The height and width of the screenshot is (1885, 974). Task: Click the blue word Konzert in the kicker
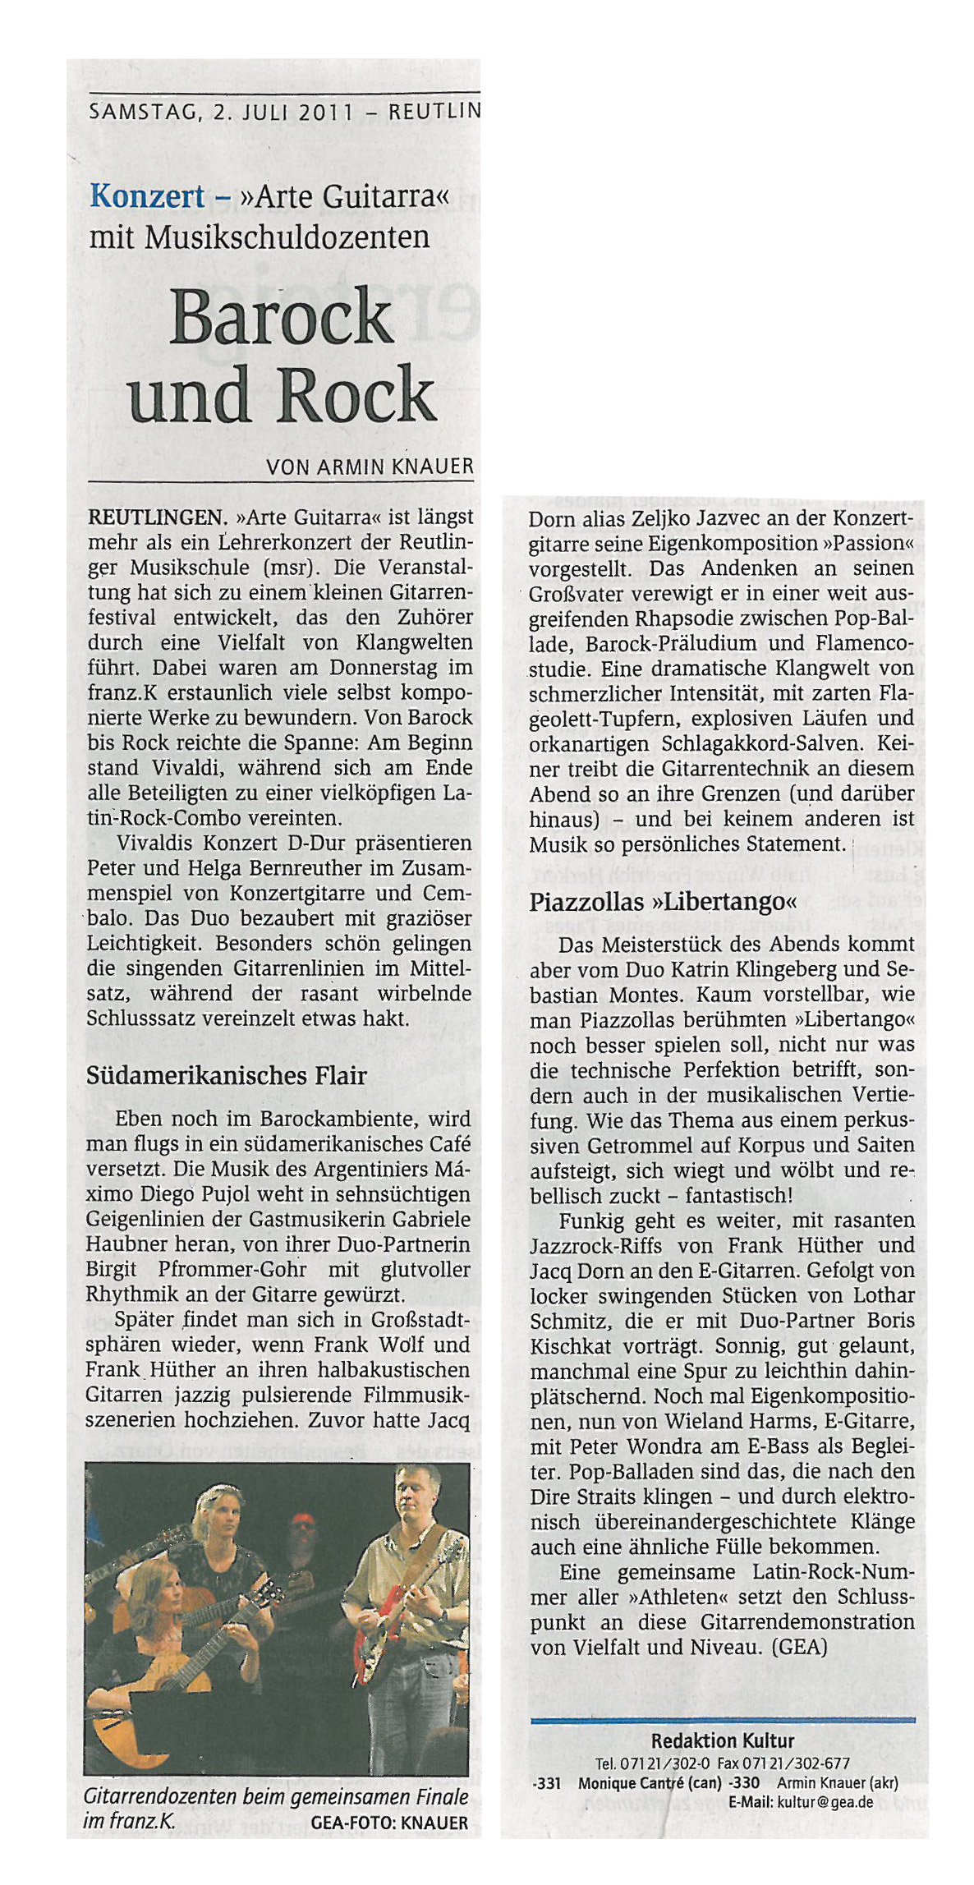click(147, 196)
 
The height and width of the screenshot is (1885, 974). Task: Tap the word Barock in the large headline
click(281, 319)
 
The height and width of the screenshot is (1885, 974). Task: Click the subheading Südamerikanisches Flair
click(227, 1076)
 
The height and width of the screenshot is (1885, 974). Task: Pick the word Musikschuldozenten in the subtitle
click(287, 237)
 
